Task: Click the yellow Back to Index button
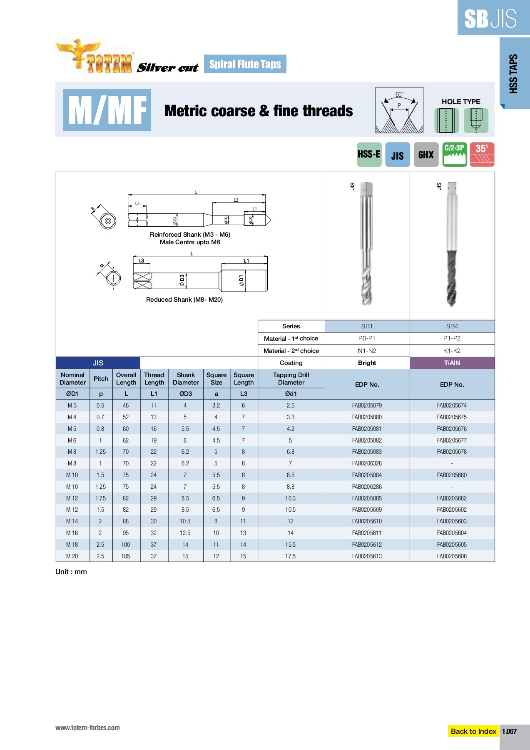pyautogui.click(x=473, y=731)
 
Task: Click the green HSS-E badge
pyautogui.click(x=369, y=155)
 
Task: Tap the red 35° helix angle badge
pyautogui.click(x=482, y=155)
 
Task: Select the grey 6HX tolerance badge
pyautogui.click(x=426, y=155)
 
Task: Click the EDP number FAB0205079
pyautogui.click(x=367, y=405)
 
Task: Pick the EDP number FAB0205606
pyautogui.click(x=452, y=556)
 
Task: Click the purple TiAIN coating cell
pyautogui.click(x=452, y=363)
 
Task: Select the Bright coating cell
pyautogui.click(x=367, y=363)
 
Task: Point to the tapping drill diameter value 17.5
pyautogui.click(x=291, y=556)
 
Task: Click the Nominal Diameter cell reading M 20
pyautogui.click(x=72, y=556)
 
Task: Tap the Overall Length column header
pyautogui.click(x=126, y=379)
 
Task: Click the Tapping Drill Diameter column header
pyautogui.click(x=291, y=379)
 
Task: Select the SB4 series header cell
pyautogui.click(x=452, y=326)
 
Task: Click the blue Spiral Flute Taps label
pyautogui.click(x=245, y=64)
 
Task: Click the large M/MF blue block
pyautogui.click(x=107, y=110)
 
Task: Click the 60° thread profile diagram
pyautogui.click(x=399, y=110)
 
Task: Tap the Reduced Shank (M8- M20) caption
pyautogui.click(x=184, y=300)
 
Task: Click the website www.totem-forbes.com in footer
pyautogui.click(x=87, y=728)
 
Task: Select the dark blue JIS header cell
pyautogui.click(x=98, y=363)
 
